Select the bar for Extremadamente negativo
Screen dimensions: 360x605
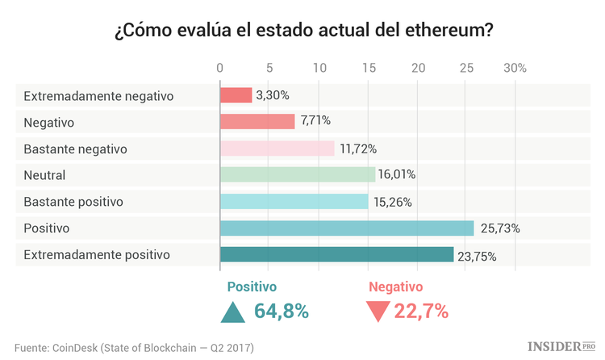coord(236,95)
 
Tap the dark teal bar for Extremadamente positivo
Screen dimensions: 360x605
coord(336,255)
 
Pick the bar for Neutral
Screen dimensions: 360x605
coord(297,175)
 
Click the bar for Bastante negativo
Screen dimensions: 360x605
coord(277,149)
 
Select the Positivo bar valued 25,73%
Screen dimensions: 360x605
coord(346,228)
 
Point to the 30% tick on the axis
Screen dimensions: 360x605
coord(515,69)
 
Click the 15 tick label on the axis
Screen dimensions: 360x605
coord(368,69)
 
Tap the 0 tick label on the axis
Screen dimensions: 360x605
coord(220,69)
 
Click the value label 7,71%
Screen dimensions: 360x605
coord(315,122)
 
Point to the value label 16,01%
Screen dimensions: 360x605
coord(396,175)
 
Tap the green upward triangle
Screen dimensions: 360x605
coord(233,312)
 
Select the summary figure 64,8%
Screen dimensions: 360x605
coord(282,312)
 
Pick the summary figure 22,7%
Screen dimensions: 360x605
coord(421,312)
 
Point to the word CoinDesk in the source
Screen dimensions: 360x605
coord(78,347)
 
